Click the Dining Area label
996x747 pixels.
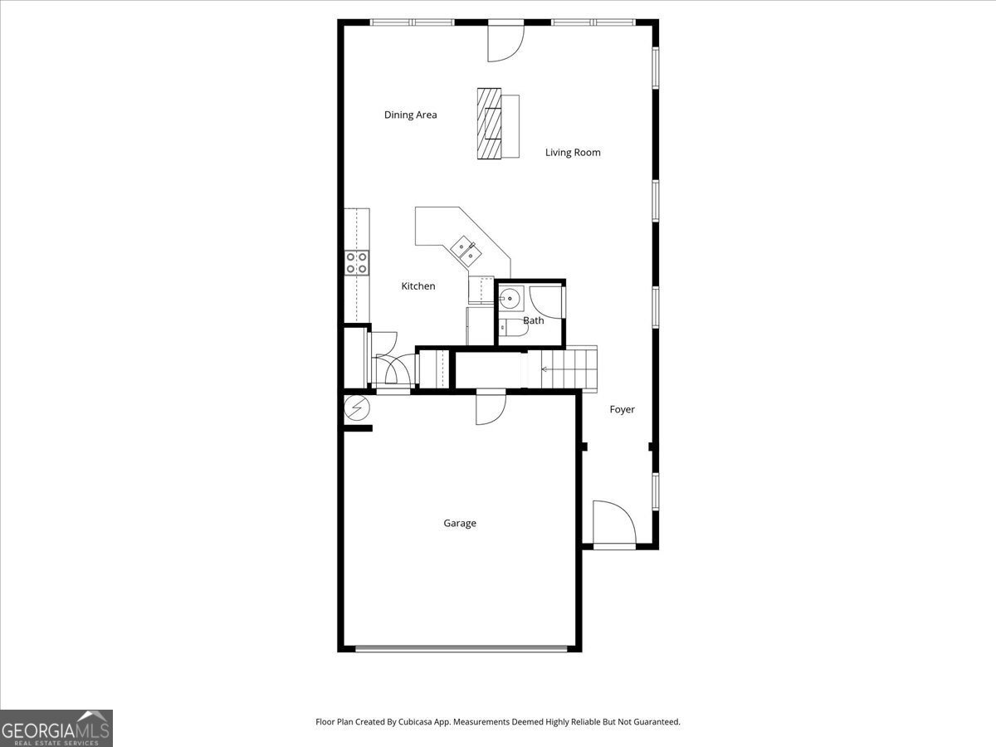coord(410,115)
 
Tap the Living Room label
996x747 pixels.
coord(573,153)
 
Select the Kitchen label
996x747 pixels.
coord(418,286)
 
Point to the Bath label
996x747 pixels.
coord(534,320)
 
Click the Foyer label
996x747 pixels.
coord(622,409)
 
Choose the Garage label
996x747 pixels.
coord(460,524)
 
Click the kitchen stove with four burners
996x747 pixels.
coord(357,263)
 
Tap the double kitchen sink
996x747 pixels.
coord(466,251)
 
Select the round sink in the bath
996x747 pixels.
coord(510,298)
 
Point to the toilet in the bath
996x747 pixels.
coord(514,327)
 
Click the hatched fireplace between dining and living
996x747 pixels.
coord(489,124)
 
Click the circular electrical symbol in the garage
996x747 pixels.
coord(357,408)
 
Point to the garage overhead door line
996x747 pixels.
coord(461,649)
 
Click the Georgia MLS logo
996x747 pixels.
coord(56,728)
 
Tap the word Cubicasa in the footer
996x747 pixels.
coord(415,721)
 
